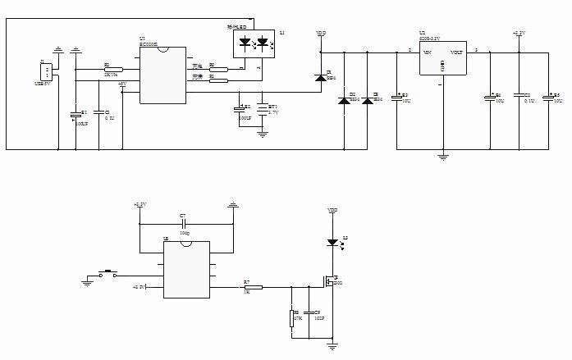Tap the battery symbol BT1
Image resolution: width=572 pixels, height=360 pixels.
pos(262,108)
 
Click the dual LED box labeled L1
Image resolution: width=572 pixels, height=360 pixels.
pos(253,43)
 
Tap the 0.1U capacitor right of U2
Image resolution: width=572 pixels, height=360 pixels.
pos(519,98)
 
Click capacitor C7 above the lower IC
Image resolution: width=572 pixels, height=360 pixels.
pos(183,223)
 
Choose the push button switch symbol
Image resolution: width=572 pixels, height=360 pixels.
pos(107,274)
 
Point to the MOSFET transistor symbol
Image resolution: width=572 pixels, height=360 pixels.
pos(329,282)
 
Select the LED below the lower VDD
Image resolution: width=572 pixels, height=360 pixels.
pos(332,242)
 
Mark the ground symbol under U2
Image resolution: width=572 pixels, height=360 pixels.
pos(442,154)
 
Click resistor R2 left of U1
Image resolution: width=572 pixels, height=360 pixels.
pos(113,70)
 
